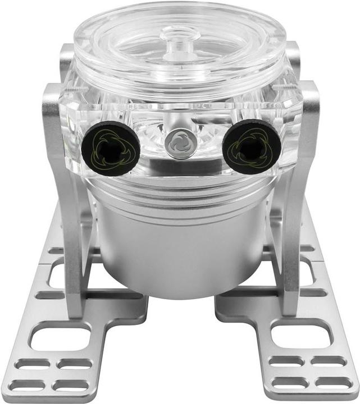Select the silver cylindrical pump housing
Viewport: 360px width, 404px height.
(x=180, y=247)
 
